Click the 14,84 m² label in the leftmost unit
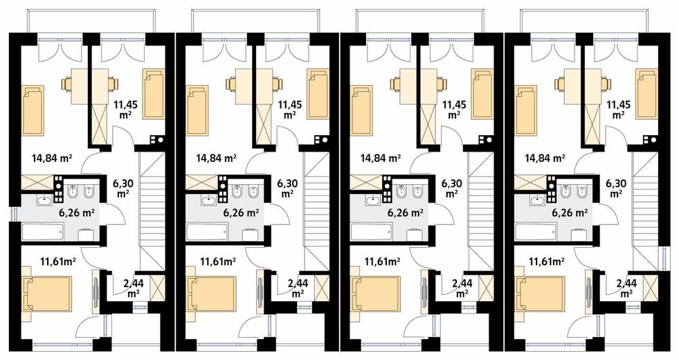coord(52,158)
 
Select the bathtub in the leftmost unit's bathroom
coord(42,231)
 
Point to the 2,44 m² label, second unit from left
coord(298,288)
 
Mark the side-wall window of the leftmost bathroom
coord(15,215)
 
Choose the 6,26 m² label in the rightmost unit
coord(570,213)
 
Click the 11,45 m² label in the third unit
coord(453,109)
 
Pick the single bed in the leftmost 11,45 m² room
coord(153,93)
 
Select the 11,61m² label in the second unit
coord(218,261)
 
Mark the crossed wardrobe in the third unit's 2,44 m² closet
coord(485,287)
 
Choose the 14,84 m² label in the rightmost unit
coord(545,158)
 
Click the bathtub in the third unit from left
coord(372,231)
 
